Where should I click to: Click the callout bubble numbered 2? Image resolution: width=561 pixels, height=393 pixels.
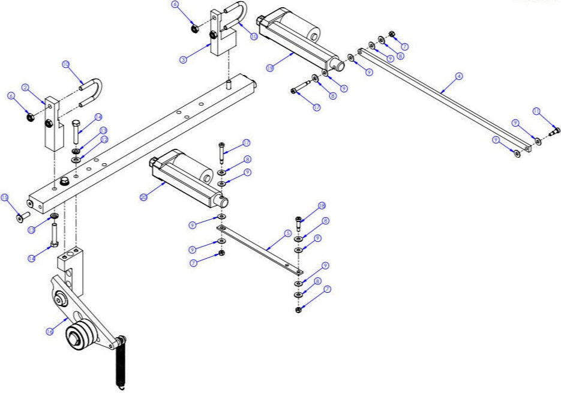pos(26,88)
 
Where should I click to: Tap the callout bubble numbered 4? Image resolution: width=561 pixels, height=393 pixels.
pos(458,76)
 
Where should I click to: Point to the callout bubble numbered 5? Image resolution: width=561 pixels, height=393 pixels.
pos(287,233)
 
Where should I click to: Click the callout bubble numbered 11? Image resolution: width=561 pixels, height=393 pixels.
pos(536,111)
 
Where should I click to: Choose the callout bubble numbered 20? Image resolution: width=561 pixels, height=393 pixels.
pos(143,196)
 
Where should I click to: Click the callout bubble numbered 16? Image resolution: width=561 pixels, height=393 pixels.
pos(50,331)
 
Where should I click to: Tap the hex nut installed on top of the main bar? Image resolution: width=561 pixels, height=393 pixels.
pos(62,180)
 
